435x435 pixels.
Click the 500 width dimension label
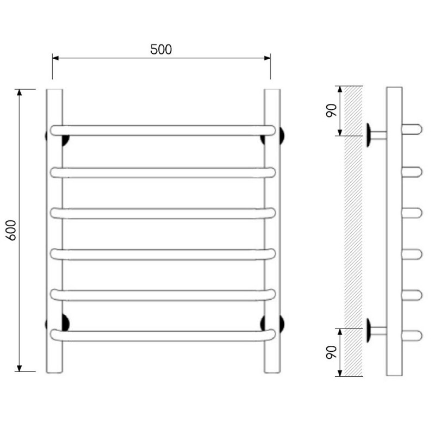click(x=161, y=49)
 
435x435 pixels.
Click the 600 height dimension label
click(x=11, y=230)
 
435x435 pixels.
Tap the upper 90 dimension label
click(x=331, y=110)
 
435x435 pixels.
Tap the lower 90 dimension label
click(x=331, y=352)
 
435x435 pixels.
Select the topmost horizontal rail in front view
click(x=163, y=130)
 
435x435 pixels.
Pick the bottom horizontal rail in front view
click(x=163, y=335)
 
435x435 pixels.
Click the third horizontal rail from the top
click(x=163, y=213)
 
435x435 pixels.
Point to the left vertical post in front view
click(x=55, y=231)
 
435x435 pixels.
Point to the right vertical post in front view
click(x=272, y=231)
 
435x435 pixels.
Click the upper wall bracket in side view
click(x=375, y=135)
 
